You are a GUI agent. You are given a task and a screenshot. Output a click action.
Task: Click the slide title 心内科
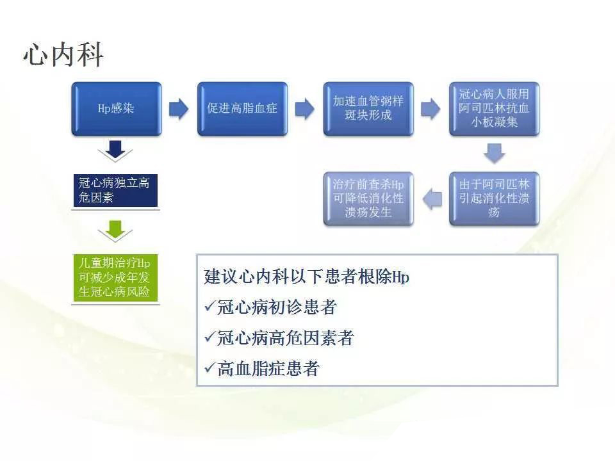pyautogui.click(x=63, y=54)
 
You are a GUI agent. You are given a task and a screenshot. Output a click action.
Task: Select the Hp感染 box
pyautogui.click(x=117, y=109)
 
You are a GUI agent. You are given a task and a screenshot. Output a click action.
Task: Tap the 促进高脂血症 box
pyautogui.click(x=242, y=109)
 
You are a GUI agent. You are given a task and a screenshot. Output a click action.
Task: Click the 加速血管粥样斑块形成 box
pyautogui.click(x=368, y=109)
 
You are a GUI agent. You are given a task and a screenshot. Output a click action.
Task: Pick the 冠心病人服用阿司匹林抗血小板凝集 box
pyautogui.click(x=494, y=109)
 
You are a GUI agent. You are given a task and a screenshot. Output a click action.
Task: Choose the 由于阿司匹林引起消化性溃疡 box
pyautogui.click(x=494, y=198)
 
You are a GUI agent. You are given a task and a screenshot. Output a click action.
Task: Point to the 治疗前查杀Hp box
pyautogui.click(x=368, y=198)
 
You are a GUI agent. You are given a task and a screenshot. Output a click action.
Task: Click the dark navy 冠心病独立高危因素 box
pyautogui.click(x=116, y=191)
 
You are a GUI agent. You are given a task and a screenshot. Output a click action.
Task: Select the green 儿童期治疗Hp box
pyautogui.click(x=116, y=278)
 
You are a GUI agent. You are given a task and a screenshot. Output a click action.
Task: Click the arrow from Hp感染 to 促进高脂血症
pyautogui.click(x=179, y=109)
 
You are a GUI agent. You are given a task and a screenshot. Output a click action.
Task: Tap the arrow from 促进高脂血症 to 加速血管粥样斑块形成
pyautogui.click(x=305, y=109)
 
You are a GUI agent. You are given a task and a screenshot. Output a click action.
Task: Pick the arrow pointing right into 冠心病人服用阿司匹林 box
pyautogui.click(x=430, y=109)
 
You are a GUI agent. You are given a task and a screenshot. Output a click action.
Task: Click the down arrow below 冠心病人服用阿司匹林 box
pyautogui.click(x=494, y=153)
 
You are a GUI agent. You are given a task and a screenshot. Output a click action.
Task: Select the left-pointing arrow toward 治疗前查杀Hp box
pyautogui.click(x=432, y=198)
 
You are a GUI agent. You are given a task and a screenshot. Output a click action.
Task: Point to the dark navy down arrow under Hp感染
pyautogui.click(x=115, y=150)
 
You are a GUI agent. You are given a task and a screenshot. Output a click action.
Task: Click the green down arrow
pyautogui.click(x=115, y=230)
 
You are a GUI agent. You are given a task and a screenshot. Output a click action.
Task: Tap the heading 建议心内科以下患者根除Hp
pyautogui.click(x=307, y=277)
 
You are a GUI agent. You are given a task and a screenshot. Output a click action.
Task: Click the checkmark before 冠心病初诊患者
pyautogui.click(x=210, y=306)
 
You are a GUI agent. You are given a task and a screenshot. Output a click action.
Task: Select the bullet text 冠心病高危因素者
pyautogui.click(x=286, y=338)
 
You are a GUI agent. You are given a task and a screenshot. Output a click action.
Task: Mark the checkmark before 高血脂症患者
pyautogui.click(x=210, y=368)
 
